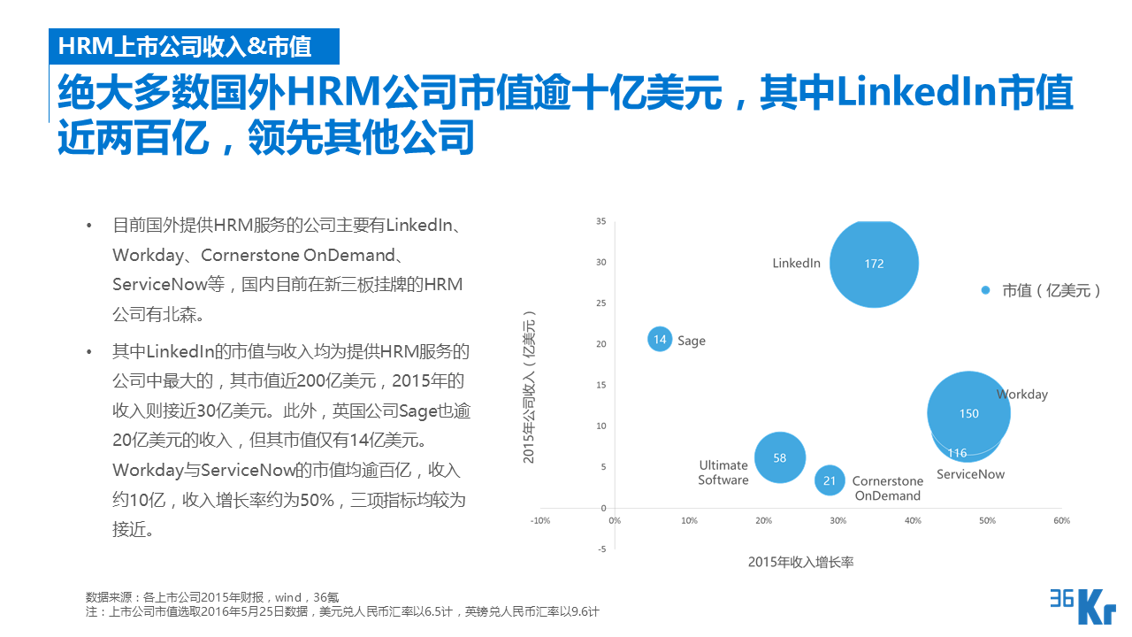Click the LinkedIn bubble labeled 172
click(874, 263)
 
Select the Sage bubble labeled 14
click(660, 339)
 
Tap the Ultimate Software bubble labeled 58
click(779, 457)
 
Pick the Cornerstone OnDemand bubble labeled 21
click(830, 480)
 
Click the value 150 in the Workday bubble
click(968, 413)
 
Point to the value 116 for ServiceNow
click(957, 453)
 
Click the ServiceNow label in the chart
click(970, 474)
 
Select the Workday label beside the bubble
click(1021, 395)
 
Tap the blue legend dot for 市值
click(985, 290)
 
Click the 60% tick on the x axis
click(1062, 520)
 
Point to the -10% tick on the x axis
click(539, 520)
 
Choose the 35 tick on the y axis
click(600, 221)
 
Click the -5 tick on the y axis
click(601, 549)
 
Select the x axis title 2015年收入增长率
click(800, 562)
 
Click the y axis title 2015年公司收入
click(530, 387)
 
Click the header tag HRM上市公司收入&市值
click(184, 45)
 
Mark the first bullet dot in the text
click(88, 226)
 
